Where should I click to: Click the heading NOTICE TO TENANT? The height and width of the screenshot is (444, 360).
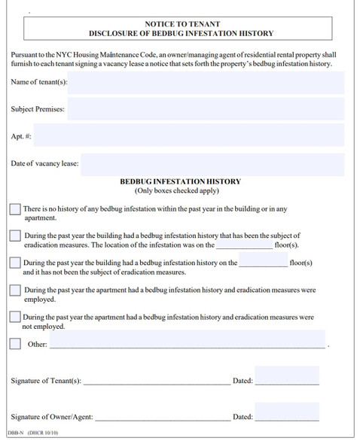[180, 24]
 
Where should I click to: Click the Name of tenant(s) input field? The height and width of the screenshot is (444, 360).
[206, 81]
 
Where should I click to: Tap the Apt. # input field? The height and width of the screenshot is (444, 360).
[189, 136]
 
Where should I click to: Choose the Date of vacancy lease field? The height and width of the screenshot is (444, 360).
[212, 163]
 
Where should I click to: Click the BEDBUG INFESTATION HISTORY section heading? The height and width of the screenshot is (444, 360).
[180, 181]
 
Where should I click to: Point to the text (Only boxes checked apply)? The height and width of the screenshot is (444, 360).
[180, 191]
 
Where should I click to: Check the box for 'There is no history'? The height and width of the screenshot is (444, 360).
[15, 208]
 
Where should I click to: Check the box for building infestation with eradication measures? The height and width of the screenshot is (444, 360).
[15, 236]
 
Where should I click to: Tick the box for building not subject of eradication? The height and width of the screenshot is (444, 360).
[15, 263]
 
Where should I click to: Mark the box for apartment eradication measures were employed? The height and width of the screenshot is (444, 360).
[15, 290]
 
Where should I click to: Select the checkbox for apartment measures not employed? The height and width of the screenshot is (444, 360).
[15, 317]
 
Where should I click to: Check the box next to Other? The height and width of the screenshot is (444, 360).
[15, 344]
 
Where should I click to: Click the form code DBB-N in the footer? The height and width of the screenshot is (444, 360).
[15, 434]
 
